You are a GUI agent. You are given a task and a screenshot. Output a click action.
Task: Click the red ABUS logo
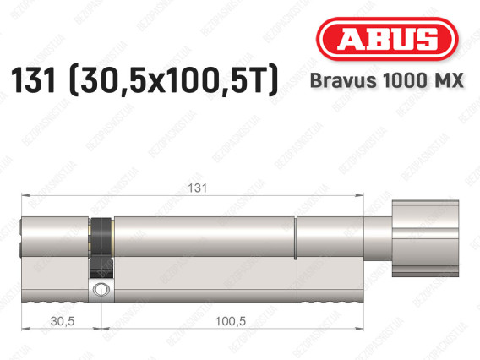tap(387, 39)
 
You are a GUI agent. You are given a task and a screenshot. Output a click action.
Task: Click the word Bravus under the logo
tap(343, 80)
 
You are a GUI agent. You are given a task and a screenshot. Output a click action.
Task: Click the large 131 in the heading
tap(33, 79)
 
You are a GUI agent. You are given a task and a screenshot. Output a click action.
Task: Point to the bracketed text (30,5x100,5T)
tap(174, 80)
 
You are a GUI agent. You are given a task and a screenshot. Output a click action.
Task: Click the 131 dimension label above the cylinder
tap(198, 188)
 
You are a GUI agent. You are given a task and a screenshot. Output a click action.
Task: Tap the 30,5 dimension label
tap(63, 321)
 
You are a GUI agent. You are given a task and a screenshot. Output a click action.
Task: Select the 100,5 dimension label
tap(231, 321)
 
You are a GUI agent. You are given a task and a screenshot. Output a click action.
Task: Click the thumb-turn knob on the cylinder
tap(426, 238)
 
